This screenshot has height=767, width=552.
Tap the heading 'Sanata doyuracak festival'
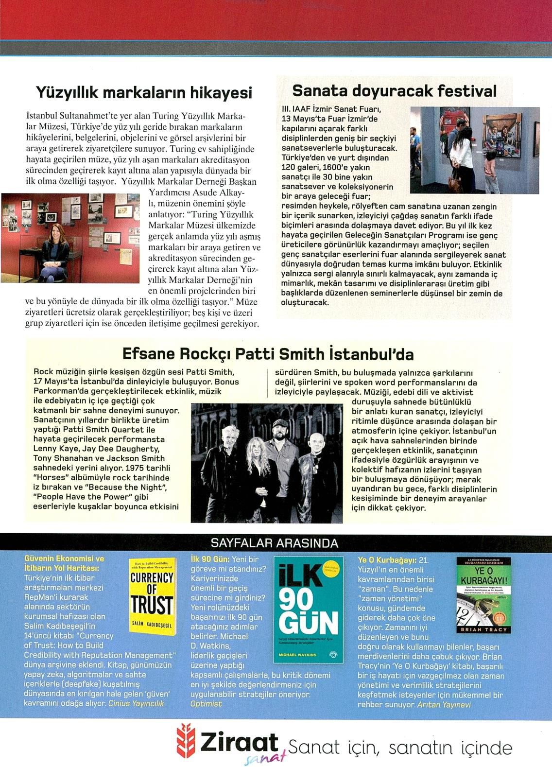[394, 91]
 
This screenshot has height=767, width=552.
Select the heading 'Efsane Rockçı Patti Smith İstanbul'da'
[268, 353]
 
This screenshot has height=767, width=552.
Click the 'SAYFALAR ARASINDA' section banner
[275, 542]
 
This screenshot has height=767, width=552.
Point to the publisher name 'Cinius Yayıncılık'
[136, 703]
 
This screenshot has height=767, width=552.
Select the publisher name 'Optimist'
[206, 703]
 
